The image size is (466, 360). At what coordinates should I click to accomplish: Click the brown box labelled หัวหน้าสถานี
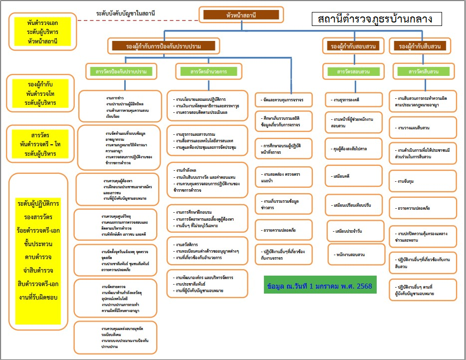point(241,15)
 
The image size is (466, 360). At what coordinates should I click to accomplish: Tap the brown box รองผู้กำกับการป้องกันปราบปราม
point(164,46)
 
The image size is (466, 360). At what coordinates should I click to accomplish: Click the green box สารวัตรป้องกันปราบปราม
point(121,72)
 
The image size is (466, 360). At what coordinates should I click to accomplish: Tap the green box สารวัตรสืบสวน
point(424,72)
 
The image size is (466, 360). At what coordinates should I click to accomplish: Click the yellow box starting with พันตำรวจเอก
point(43,31)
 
